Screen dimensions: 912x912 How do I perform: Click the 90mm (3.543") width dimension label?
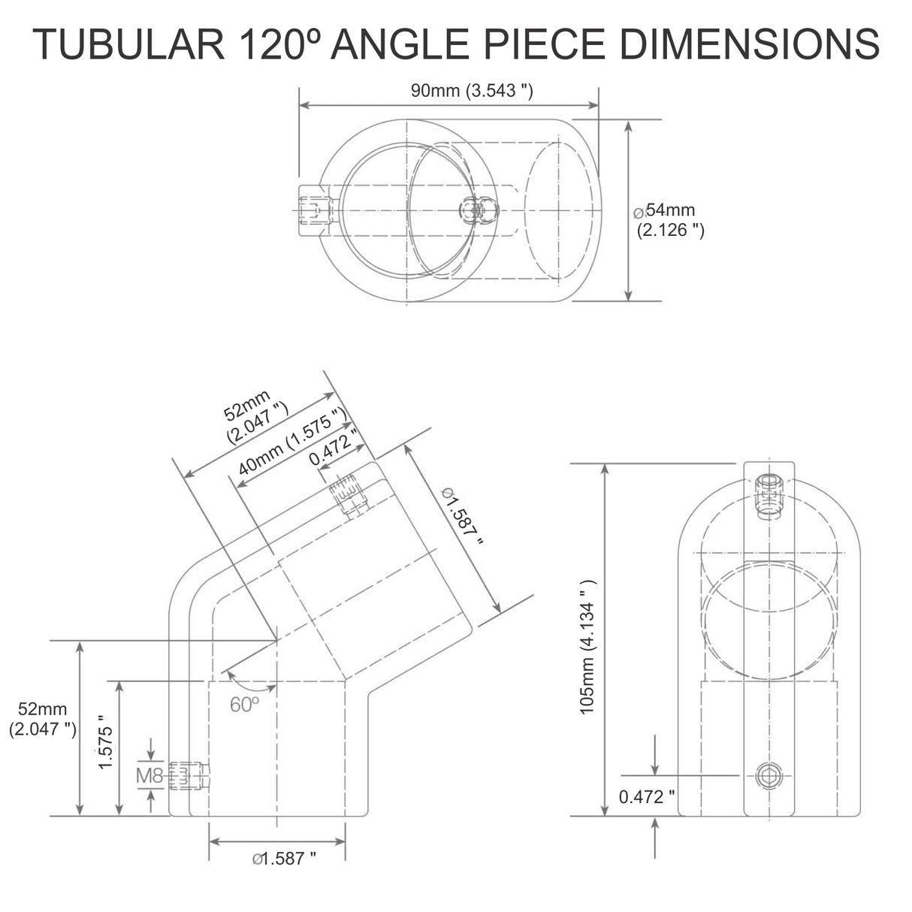point(472,91)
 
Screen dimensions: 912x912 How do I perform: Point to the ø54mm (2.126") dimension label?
point(669,220)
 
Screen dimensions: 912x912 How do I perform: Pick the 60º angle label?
point(244,704)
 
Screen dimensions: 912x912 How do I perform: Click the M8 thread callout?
point(149,775)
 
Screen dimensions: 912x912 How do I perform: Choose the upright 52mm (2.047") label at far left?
point(43,718)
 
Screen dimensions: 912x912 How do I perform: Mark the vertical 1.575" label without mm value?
point(105,747)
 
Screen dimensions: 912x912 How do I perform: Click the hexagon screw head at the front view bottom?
point(768,775)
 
